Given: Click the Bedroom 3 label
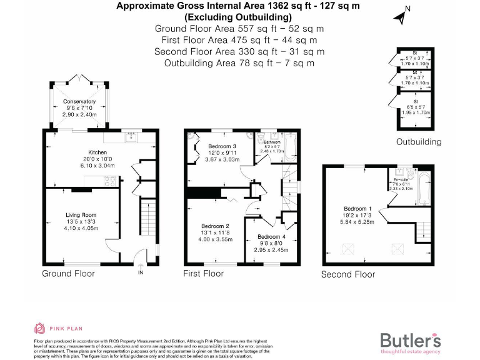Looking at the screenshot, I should (x=221, y=146).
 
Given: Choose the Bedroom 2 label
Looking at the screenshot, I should (x=215, y=226).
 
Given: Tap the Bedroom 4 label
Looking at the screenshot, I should (x=272, y=237).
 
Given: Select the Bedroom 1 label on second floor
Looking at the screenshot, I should (x=358, y=209).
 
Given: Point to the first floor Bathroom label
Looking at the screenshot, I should (x=273, y=142).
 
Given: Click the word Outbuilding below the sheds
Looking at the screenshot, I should (x=418, y=142).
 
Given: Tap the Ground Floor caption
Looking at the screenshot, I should (x=68, y=274).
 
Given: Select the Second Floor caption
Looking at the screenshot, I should (x=348, y=274).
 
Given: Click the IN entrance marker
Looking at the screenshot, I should (x=141, y=273).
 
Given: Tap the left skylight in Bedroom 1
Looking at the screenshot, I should (x=347, y=249).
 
